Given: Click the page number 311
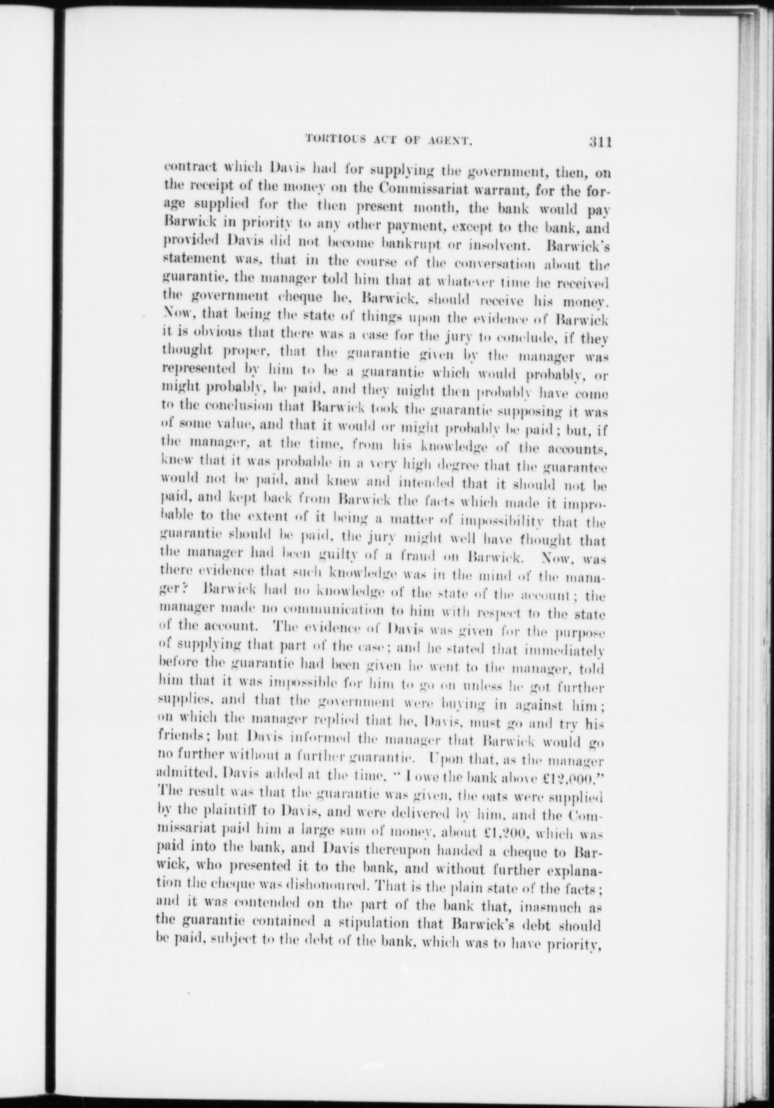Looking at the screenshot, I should (x=598, y=142).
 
